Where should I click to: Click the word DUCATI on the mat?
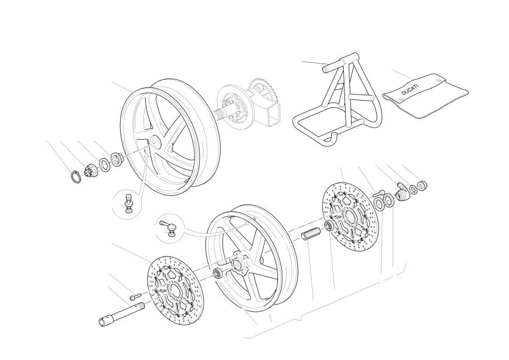coord(410,90)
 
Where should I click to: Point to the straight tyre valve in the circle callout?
coord(129,203)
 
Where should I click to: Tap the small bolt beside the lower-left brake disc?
coord(136,297)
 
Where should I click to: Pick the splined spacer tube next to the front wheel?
coord(311,234)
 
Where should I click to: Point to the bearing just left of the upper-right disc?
coord(330,225)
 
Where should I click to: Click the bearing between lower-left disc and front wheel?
coord(218,273)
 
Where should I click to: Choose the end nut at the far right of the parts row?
coord(422,186)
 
